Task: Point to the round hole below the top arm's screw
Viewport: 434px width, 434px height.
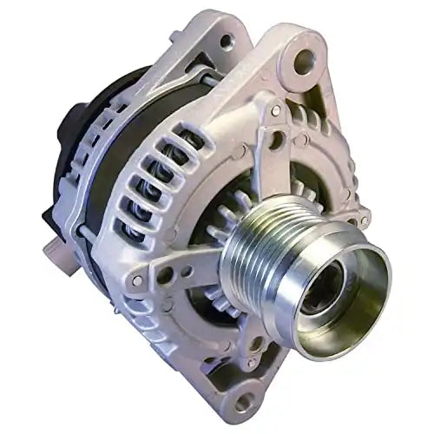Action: [275, 139]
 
